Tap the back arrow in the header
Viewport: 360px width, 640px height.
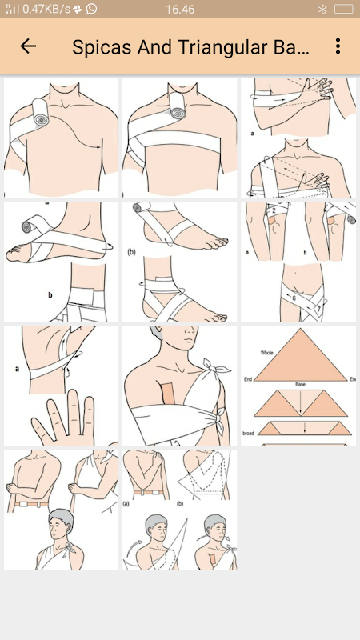(28, 46)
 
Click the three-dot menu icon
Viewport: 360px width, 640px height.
(338, 46)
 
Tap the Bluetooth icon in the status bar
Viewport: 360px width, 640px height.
(322, 9)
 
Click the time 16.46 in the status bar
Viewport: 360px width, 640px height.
(180, 9)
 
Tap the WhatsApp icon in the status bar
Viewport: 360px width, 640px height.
(91, 9)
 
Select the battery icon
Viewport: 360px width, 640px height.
(345, 9)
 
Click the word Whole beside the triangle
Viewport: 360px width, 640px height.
(267, 352)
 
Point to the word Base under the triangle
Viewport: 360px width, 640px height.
(301, 384)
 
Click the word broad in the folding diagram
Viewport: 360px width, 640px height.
(248, 433)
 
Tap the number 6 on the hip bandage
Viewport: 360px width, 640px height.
(294, 298)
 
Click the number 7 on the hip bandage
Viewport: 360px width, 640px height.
(318, 309)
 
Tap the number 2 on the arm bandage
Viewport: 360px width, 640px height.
(274, 210)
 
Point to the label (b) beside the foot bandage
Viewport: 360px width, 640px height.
(131, 252)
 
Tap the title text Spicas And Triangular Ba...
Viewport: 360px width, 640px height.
(190, 47)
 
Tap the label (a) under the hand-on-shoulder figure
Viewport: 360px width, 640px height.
(126, 504)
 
